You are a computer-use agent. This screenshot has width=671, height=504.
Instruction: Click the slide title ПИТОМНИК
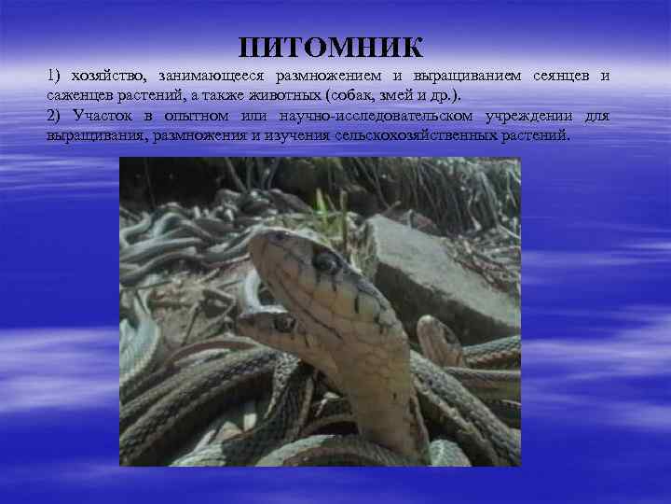331,48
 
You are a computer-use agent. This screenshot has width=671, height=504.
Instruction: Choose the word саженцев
76,96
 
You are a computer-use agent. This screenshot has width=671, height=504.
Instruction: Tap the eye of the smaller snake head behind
282,323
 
